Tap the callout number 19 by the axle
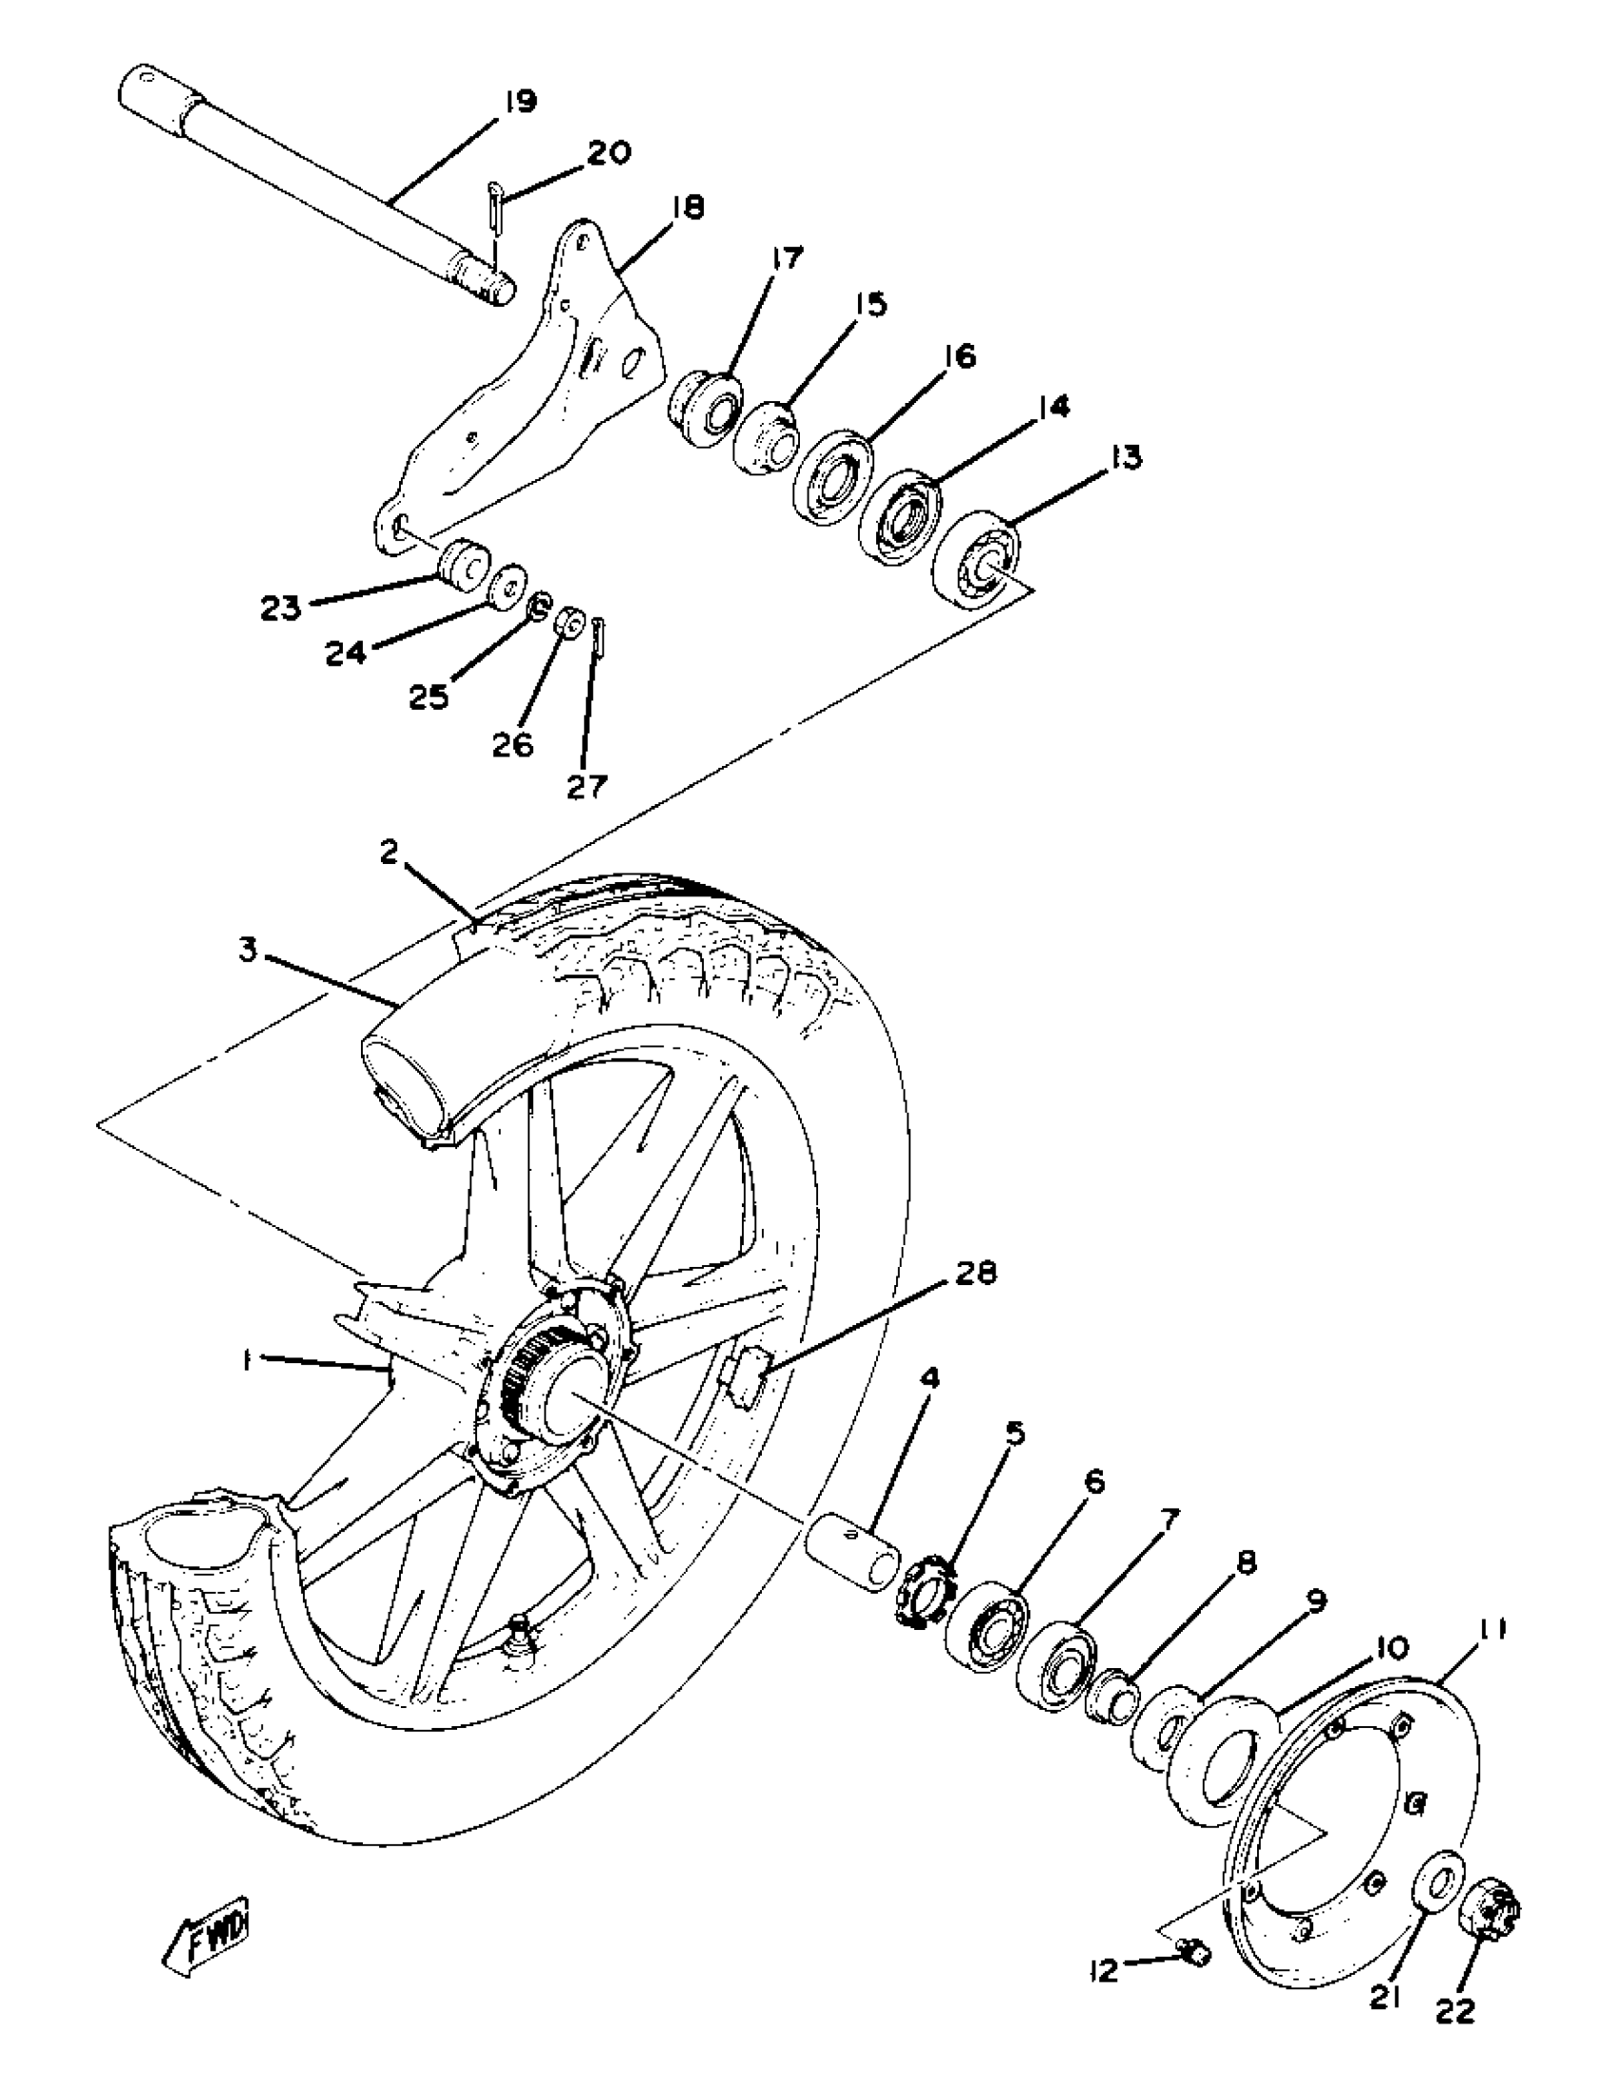(x=520, y=103)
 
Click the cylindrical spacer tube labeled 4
(x=853, y=1550)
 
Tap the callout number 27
(x=587, y=787)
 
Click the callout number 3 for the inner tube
(x=249, y=954)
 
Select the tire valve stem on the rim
(x=523, y=1633)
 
